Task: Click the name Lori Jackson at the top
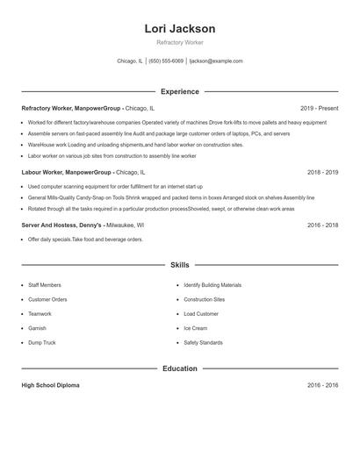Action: tap(179, 28)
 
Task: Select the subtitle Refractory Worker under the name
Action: tap(179, 42)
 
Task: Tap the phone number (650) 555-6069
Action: tap(166, 61)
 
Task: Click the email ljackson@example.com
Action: tap(216, 61)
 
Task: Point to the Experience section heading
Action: tap(179, 91)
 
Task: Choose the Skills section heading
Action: tap(179, 264)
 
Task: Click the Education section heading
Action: tap(179, 368)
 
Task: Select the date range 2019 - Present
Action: tap(319, 108)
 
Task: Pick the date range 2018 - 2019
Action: tap(322, 173)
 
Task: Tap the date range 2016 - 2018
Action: tap(322, 225)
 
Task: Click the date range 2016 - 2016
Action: tap(322, 385)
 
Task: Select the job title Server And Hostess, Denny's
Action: tap(61, 225)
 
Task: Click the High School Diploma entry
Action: tap(52, 385)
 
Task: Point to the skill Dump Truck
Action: tap(41, 342)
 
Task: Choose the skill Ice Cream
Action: tap(195, 328)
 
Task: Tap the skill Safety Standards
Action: tap(203, 342)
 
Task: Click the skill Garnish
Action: tap(37, 328)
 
